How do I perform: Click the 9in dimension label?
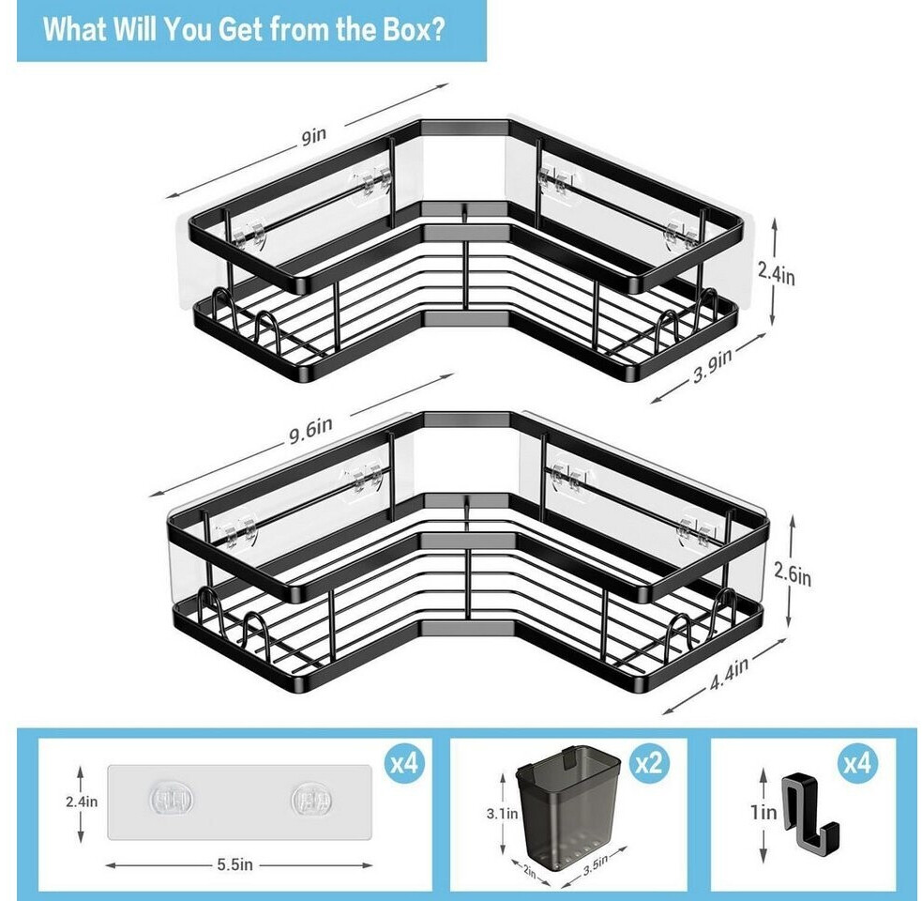coord(314,136)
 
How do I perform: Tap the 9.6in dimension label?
coord(310,431)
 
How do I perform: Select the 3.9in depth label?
coord(713,365)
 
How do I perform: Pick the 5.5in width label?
coord(234,864)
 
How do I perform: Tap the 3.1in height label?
coord(502,814)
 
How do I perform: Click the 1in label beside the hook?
coord(763,812)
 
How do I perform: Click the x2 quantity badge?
coord(648,764)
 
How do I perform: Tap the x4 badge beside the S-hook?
coord(856,764)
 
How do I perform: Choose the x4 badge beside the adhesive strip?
coord(404,764)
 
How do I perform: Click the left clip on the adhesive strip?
coord(171,801)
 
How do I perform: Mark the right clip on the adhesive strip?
coord(311,801)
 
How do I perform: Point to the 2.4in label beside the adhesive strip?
coord(82,802)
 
